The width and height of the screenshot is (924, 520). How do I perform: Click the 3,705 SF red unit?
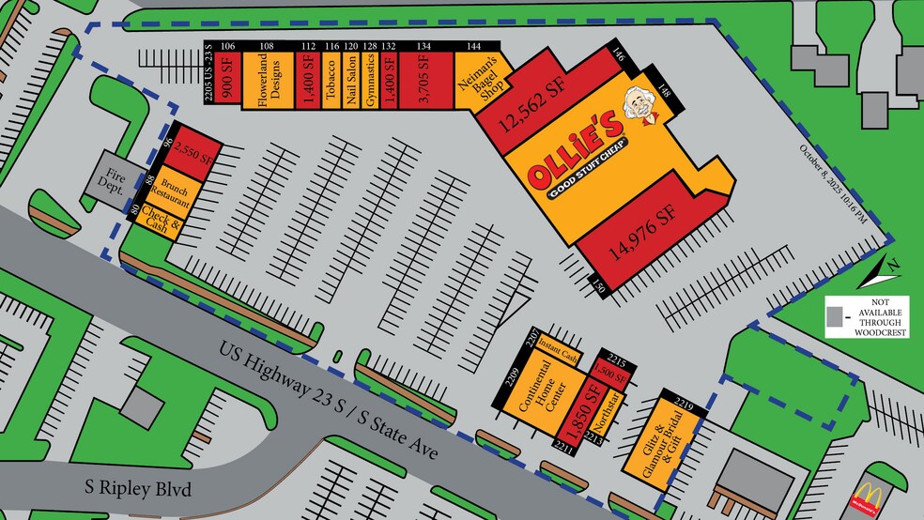pos(424,80)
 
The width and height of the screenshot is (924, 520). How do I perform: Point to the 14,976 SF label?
pos(641,225)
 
